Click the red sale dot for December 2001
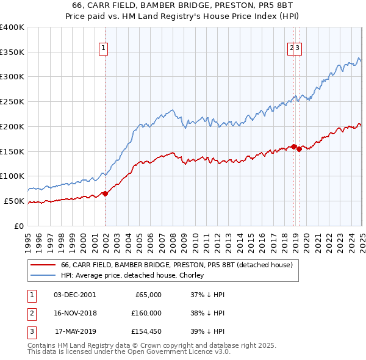pos(105,193)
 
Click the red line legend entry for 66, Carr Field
pos(177,265)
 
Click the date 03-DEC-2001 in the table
pos(75,295)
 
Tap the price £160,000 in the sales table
pos(146,313)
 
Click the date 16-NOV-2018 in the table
pos(75,313)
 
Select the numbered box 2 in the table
pos(30,313)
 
